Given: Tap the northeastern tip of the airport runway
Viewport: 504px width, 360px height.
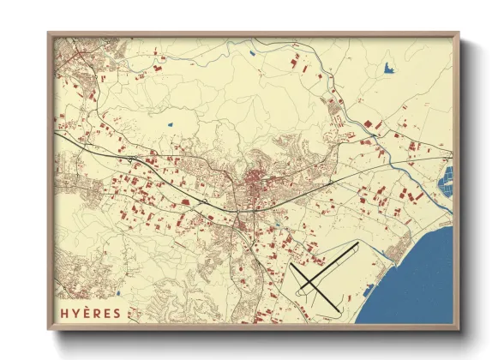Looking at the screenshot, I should tap(357, 244).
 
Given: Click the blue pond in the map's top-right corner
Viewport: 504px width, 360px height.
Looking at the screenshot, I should tap(388, 67).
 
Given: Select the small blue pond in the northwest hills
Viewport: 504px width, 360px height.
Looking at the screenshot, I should tap(171, 126).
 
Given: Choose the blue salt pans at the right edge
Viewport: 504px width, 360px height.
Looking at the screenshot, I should tap(445, 184).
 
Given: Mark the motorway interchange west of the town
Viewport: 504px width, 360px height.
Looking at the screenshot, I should tap(129, 160).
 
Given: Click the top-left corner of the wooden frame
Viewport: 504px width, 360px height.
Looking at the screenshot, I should tap(49, 33).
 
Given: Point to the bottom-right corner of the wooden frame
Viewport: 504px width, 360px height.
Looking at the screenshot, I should tap(459, 329).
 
